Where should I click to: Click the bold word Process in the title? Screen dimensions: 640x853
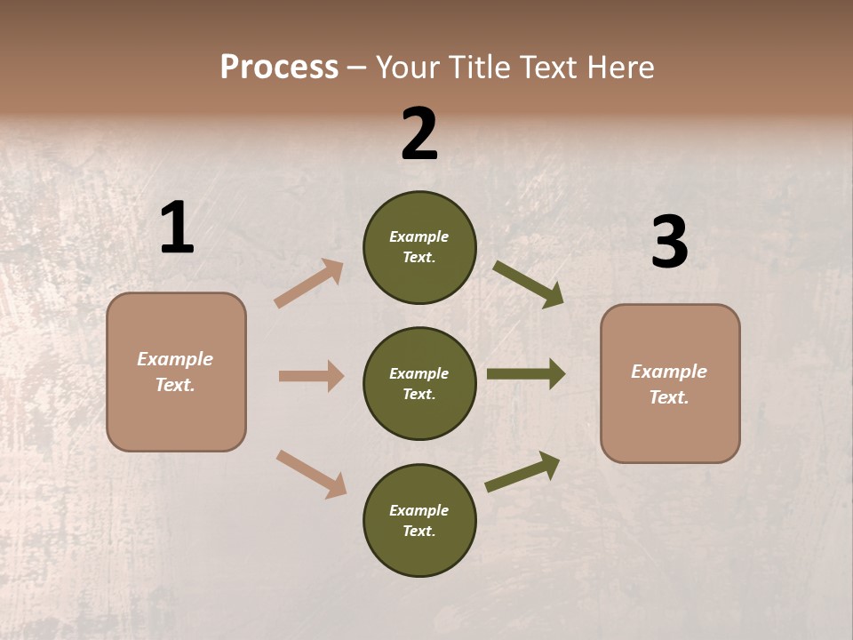coord(279,68)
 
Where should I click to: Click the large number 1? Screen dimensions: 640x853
coord(177,228)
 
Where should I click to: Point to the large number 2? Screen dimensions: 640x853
coord(419,134)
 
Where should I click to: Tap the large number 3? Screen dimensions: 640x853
coord(669,242)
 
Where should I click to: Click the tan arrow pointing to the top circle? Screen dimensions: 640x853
coord(309,283)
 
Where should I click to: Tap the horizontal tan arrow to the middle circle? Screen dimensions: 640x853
coord(311,376)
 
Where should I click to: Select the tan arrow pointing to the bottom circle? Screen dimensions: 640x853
coord(311,474)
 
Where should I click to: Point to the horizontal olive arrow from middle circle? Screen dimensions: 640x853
coord(526,373)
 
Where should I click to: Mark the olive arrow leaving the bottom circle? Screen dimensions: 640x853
coord(523,472)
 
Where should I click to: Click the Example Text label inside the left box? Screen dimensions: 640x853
coord(175,372)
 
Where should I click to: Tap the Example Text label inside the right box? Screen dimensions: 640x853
coord(669,384)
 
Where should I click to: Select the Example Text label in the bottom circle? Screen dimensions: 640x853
coord(419,521)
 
